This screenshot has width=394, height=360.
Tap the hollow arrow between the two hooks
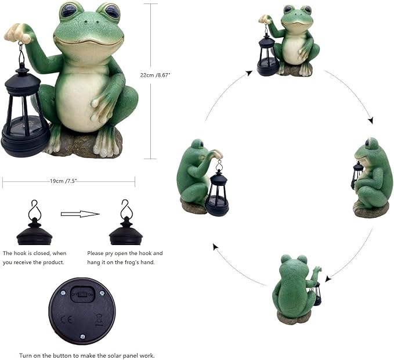80,214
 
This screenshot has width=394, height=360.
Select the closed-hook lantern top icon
34,229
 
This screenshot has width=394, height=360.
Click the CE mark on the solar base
66,319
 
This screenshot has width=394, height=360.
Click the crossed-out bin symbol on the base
99,319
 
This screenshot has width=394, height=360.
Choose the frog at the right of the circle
372,177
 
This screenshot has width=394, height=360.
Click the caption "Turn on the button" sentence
86,355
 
